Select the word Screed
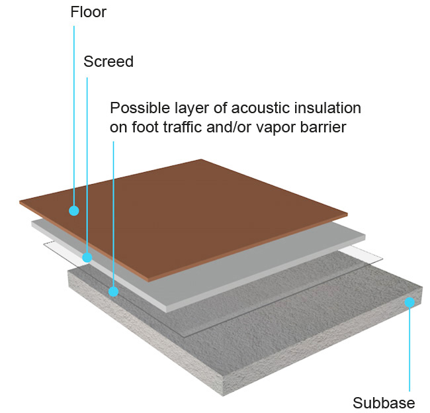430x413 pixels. point(108,62)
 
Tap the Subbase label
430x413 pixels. point(384,403)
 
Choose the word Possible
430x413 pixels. point(138,108)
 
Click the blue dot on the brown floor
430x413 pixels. point(74,210)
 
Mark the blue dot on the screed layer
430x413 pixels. point(87,257)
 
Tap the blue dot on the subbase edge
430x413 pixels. point(410,302)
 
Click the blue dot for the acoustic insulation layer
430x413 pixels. point(114,291)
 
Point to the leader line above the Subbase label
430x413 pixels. point(410,351)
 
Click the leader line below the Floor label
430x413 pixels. point(74,113)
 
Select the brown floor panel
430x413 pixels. point(198,212)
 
